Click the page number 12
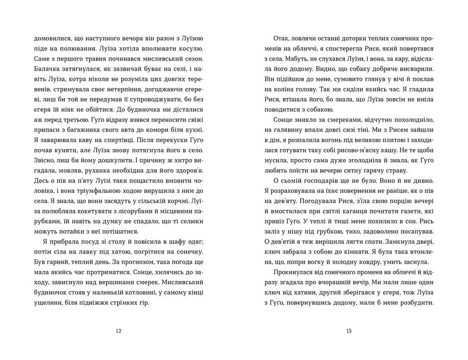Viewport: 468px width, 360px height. pyautogui.click(x=118, y=331)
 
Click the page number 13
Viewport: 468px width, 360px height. pyautogui.click(x=349, y=331)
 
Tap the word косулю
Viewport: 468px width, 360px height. pyautogui.click(x=193, y=49)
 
